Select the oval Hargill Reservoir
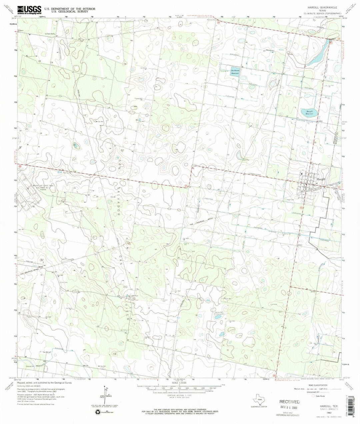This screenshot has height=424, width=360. pyautogui.click(x=307, y=113)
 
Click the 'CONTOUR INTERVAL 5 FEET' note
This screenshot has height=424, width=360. pyautogui.click(x=180, y=393)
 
